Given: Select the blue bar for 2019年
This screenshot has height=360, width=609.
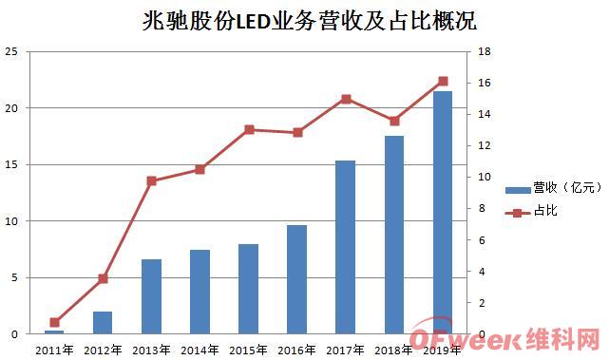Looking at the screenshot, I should point(443,213).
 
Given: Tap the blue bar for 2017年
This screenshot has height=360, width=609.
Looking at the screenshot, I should point(345,247).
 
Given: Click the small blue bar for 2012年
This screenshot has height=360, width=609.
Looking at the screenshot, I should point(103,323).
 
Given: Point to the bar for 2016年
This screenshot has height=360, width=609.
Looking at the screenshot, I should point(296,279).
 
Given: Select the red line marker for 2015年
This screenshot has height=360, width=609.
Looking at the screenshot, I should point(249,129).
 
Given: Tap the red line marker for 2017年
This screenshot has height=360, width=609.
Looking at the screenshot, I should point(346,99).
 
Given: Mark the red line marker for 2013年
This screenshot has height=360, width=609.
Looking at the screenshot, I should point(151,180).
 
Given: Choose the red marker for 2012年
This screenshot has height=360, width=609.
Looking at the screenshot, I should point(103,278).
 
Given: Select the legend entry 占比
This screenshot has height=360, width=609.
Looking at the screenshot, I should point(532,211).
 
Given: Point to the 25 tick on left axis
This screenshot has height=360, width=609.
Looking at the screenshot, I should point(11,52).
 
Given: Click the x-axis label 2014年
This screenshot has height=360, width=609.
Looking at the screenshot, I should point(200,350).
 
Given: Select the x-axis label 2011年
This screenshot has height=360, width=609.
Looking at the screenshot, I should point(54,350).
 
